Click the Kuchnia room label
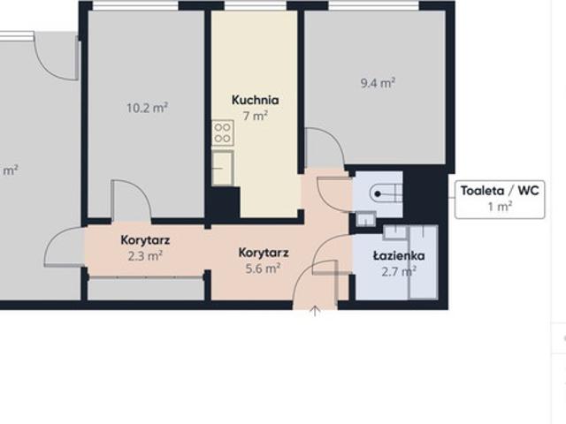click(x=256, y=100)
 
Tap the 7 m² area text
click(x=256, y=116)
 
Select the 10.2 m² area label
click(x=147, y=108)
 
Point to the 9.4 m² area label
click(x=378, y=83)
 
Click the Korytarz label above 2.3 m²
click(x=145, y=240)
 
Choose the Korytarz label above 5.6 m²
click(x=264, y=253)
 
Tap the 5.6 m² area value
click(x=263, y=269)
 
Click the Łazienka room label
click(x=399, y=255)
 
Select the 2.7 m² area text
click(x=399, y=271)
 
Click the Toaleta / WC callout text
click(x=500, y=191)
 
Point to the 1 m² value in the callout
click(x=500, y=207)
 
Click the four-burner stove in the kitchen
click(x=222, y=132)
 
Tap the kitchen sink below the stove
click(x=222, y=168)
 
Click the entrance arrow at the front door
click(x=315, y=311)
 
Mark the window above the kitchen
click(x=256, y=5)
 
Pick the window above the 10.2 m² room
click(x=135, y=5)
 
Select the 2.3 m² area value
click(x=145, y=256)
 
